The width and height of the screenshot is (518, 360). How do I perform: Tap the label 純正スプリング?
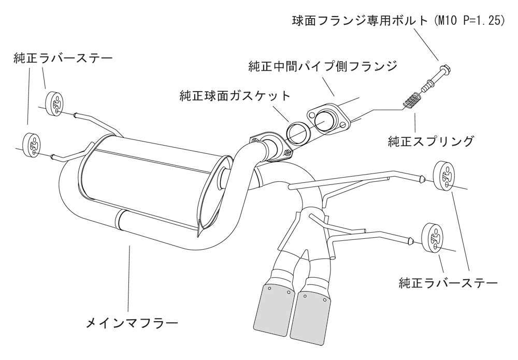click(x=430, y=140)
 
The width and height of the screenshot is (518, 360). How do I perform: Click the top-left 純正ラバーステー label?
click(x=62, y=59)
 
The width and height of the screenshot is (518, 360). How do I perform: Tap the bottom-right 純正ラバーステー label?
click(x=448, y=283)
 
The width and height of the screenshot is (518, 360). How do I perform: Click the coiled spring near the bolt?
click(x=413, y=99)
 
